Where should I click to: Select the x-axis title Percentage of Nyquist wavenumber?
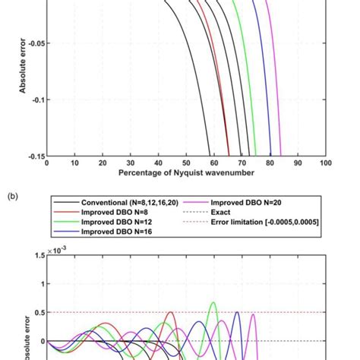(186, 173)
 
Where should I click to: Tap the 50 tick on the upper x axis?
(186, 163)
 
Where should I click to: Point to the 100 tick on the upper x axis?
(324, 163)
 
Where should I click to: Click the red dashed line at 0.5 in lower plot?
(152, 312)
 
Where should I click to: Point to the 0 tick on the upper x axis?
(47, 163)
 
